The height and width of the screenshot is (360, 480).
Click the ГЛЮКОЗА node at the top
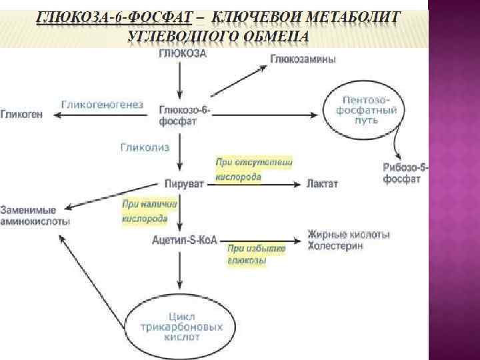pos(182,55)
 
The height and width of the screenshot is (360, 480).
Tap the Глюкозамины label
pos(303,59)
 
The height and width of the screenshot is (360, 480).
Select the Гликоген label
pos(22,115)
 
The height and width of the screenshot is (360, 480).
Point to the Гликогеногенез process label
pos(102,105)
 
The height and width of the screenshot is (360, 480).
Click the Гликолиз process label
pos(145,147)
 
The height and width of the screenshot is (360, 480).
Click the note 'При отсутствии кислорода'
pos(253,170)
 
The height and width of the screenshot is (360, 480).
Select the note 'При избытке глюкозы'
pos(257,255)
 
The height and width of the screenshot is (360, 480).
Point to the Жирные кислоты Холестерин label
pos(349,239)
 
